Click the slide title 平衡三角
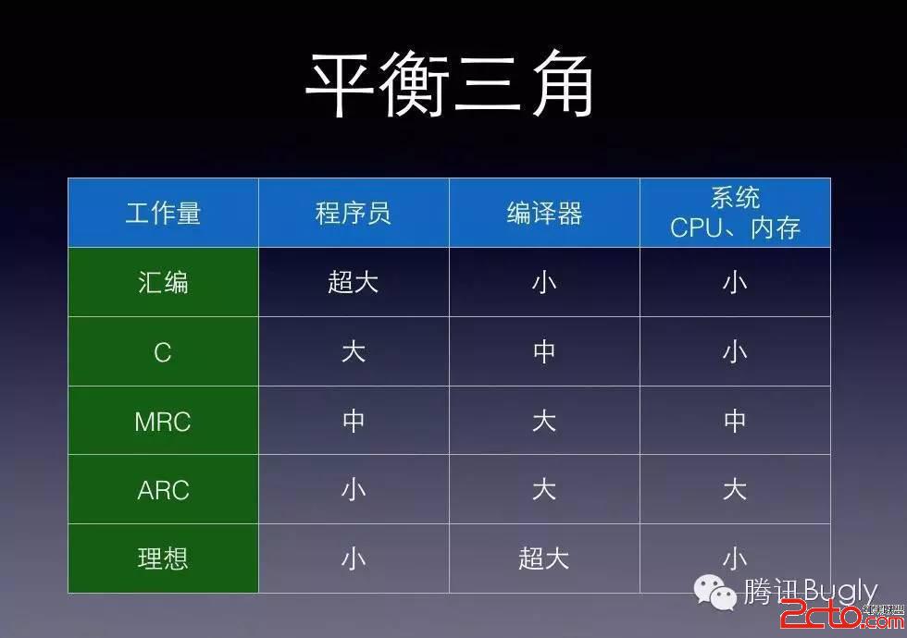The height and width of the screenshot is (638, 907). point(450,84)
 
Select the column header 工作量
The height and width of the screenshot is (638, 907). point(163,214)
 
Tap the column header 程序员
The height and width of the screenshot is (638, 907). point(354,214)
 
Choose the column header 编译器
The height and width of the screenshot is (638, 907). point(544,214)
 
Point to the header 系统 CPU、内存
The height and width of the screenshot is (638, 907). point(735,213)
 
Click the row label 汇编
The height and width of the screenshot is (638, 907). point(163,283)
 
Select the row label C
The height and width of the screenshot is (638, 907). point(163,352)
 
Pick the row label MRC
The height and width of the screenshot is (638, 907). point(163,422)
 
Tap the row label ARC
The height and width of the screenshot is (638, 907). point(163,490)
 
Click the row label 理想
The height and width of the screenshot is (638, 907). point(163,558)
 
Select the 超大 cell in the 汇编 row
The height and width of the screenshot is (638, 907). point(354,283)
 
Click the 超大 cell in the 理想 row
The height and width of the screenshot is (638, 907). point(544,558)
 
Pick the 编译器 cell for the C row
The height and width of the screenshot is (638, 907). point(544,351)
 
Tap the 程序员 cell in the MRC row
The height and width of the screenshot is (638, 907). point(354,421)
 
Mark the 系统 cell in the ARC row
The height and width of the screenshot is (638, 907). point(735,489)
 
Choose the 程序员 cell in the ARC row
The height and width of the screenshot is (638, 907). point(354,490)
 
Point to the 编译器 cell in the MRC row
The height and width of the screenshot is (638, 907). point(544,421)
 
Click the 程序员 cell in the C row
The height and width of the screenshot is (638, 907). point(354,351)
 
